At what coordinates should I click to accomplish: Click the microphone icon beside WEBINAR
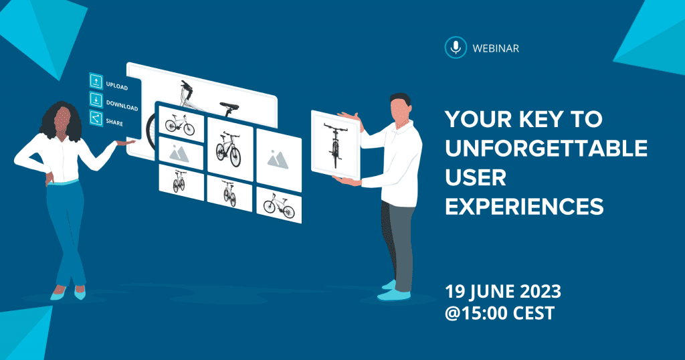point(456,48)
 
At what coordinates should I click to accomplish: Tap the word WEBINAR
point(496,48)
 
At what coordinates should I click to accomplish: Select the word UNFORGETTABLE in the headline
point(546,148)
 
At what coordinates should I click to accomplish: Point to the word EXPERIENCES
point(524,206)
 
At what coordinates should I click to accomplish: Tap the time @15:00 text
point(476,313)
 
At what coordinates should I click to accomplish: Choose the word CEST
point(534,313)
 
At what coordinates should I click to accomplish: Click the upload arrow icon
point(96,81)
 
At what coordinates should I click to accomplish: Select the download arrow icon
point(96,100)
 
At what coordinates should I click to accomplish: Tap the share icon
point(96,118)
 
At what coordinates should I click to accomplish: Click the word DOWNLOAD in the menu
point(122,105)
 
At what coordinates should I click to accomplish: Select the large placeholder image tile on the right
point(279,160)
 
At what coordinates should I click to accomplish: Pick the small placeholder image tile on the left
point(181,153)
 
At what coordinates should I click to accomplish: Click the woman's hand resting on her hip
point(50,179)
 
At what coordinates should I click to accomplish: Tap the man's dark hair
point(401,100)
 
